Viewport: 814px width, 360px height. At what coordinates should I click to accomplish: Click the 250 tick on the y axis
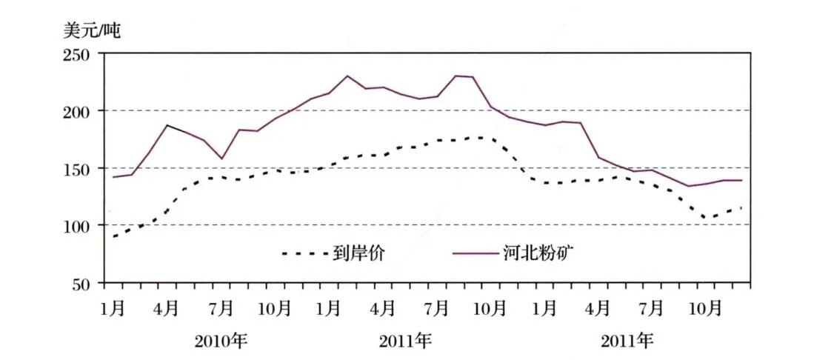coord(76,55)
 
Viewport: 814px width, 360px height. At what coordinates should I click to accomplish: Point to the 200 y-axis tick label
coord(76,111)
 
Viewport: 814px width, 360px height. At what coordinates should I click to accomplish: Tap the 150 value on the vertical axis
coord(76,168)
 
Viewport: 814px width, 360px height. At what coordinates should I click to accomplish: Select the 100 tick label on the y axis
coord(76,225)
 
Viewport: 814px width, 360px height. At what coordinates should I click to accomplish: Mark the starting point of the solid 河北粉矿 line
coord(113,177)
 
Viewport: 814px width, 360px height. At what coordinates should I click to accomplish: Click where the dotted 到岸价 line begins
coord(113,237)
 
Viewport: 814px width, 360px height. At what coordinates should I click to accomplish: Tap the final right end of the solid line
coord(741,180)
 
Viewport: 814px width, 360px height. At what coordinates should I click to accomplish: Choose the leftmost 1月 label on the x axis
coord(113,307)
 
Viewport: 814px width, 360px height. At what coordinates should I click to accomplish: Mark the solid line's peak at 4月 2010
coord(167,125)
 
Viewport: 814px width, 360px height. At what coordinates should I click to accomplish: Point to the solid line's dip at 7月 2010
coord(221,159)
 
